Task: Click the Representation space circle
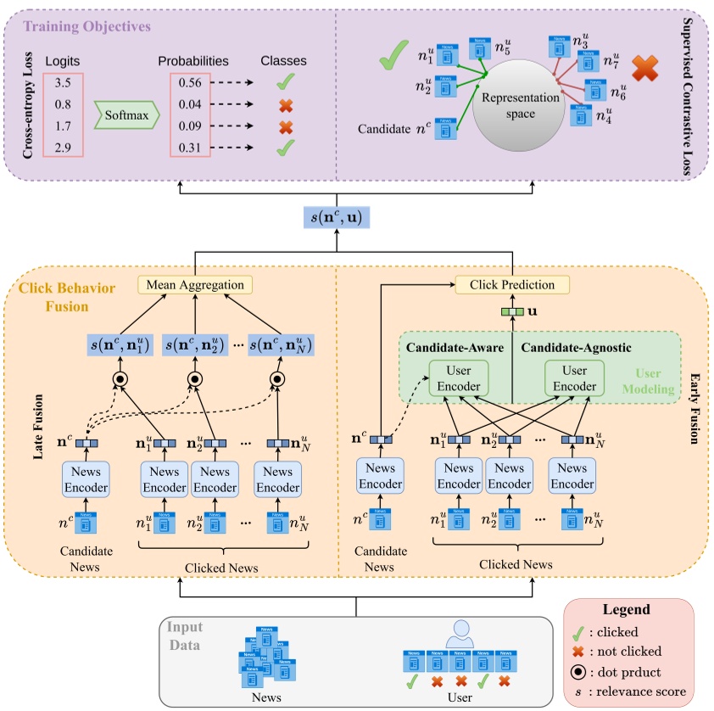point(521,104)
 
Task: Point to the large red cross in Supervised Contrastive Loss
point(644,69)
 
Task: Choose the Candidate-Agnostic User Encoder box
point(574,378)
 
